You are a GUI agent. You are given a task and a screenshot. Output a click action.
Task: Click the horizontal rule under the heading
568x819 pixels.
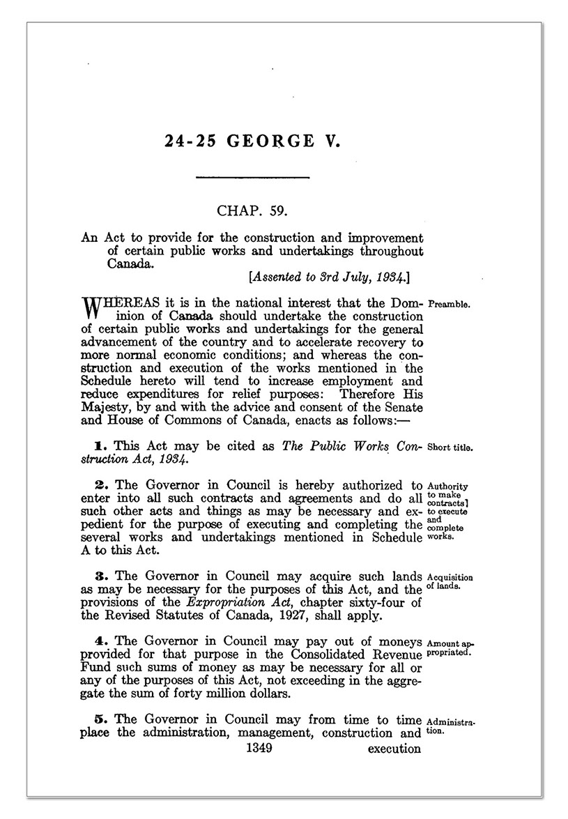pyautogui.click(x=252, y=178)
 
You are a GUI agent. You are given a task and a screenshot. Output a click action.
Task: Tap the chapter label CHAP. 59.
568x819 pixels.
pyautogui.click(x=252, y=208)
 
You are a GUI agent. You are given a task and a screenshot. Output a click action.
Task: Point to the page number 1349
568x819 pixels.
pyautogui.click(x=256, y=749)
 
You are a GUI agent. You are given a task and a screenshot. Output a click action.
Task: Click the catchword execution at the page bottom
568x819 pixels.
pyautogui.click(x=394, y=749)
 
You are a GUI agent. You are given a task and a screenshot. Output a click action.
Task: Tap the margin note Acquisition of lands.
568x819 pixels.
pyautogui.click(x=450, y=581)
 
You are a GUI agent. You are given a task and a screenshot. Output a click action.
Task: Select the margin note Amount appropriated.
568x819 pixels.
pyautogui.click(x=450, y=647)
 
